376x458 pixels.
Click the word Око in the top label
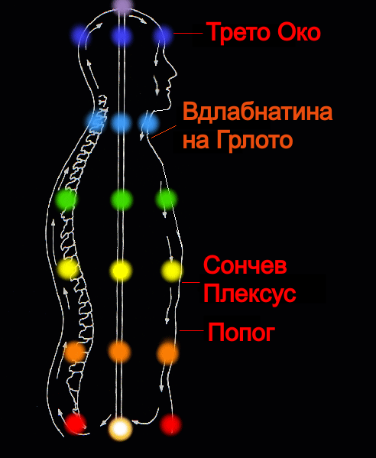tap(299, 32)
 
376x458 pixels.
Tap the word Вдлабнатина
tap(258, 112)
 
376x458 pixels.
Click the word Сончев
tap(245, 265)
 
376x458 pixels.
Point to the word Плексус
tap(250, 294)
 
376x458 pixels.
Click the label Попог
tap(241, 332)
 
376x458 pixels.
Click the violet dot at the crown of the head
tap(123, 6)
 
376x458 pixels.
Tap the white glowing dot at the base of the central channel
tap(120, 428)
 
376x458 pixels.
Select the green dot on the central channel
tap(122, 200)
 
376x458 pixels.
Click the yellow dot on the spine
tap(68, 269)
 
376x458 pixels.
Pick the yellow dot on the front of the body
tap(172, 271)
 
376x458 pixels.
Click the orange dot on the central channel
tap(119, 352)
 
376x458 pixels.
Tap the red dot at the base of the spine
tap(75, 424)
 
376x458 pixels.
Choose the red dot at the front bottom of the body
tap(170, 424)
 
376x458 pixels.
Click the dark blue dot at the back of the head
tap(79, 35)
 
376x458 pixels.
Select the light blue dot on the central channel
tap(122, 122)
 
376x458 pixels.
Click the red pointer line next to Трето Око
tap(188, 33)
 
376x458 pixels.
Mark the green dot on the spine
tap(66, 200)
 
